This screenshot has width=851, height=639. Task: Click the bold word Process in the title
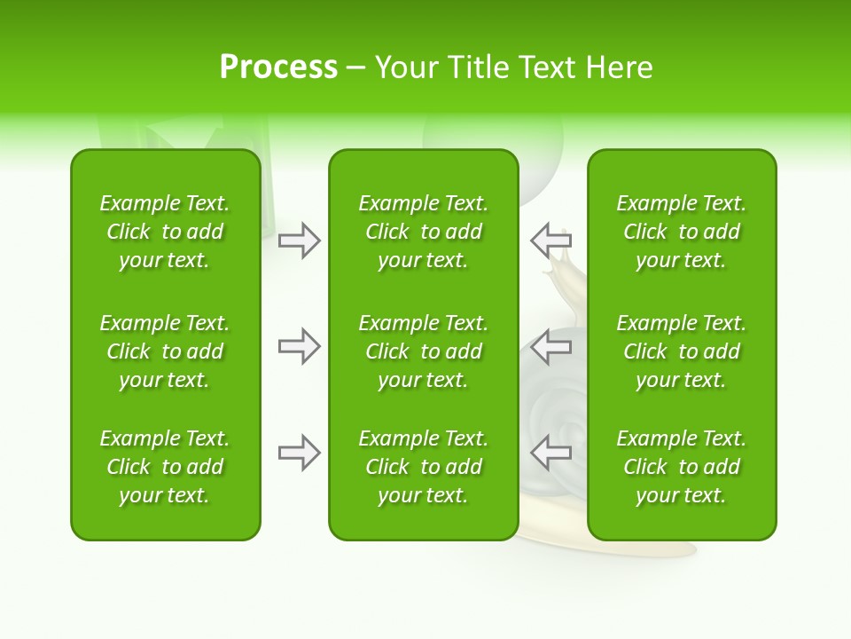point(278,67)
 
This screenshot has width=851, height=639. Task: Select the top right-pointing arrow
point(300,241)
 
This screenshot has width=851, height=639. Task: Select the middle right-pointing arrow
point(300,346)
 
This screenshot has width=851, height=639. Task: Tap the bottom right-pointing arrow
point(300,453)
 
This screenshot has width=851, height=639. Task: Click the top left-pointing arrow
point(550,241)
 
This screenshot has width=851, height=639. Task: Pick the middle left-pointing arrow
point(550,346)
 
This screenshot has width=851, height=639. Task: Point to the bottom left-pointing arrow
point(550,453)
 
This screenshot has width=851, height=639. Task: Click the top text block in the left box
point(165,232)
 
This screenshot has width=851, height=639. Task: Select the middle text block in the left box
point(165,351)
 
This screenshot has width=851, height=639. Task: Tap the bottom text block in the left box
point(165,467)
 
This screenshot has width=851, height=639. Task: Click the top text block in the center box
point(423,232)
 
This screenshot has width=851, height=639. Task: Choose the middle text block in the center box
point(423,351)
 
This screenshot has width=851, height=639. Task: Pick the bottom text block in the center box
point(423,467)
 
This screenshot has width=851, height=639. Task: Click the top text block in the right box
point(681,232)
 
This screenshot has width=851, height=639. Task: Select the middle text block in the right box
point(681,351)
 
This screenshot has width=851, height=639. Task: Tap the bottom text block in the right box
point(681,467)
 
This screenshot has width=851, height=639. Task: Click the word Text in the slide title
point(546,67)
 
